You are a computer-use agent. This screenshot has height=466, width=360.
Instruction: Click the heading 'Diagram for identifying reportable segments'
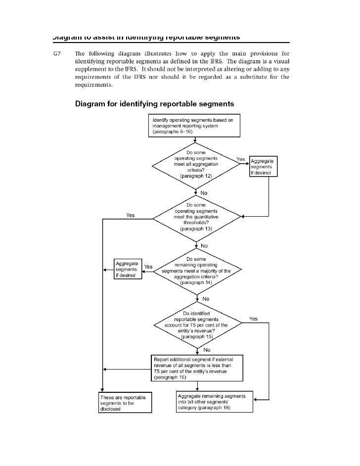coord(154,104)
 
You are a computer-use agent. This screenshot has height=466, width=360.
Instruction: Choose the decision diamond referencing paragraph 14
coord(197,271)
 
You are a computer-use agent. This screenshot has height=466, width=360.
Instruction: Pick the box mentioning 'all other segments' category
coord(214,402)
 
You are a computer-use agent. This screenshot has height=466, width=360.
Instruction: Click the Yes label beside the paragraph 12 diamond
coord(241,159)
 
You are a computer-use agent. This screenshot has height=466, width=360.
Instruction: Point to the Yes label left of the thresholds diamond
coord(131,215)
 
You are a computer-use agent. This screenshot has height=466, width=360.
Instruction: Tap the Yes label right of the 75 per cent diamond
coord(253,319)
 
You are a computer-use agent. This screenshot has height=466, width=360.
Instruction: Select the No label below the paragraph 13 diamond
coord(204,246)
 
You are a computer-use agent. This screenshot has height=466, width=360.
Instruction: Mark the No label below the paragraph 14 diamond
coord(206,299)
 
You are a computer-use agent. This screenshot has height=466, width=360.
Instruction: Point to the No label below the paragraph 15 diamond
coord(207,350)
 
